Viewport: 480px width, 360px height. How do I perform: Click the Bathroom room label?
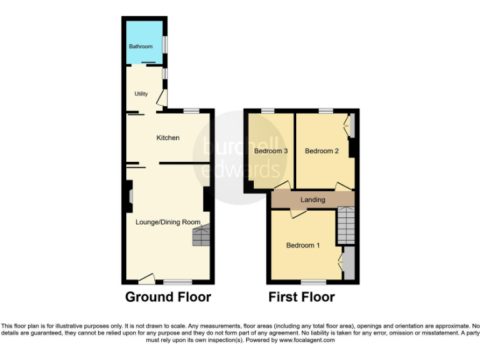[141, 47]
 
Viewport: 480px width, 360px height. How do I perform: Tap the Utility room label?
[141, 94]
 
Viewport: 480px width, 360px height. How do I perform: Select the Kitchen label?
[167, 137]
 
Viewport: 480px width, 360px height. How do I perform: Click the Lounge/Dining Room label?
[168, 222]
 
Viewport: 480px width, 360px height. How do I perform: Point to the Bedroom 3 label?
[270, 151]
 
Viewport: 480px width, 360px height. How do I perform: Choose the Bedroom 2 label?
[321, 151]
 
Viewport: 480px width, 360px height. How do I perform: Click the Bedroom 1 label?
[303, 246]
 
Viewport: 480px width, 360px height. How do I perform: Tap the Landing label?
[312, 200]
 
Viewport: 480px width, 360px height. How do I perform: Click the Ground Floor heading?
[168, 297]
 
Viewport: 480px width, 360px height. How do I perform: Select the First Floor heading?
[301, 297]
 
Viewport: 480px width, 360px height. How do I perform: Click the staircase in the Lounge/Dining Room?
[201, 237]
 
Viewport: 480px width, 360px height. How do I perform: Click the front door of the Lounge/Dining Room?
[147, 277]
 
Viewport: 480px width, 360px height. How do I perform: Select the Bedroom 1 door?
[297, 214]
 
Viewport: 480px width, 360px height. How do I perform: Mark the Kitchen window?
[191, 111]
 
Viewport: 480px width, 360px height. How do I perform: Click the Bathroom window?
[165, 45]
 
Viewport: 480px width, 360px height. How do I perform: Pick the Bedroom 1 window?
[313, 282]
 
